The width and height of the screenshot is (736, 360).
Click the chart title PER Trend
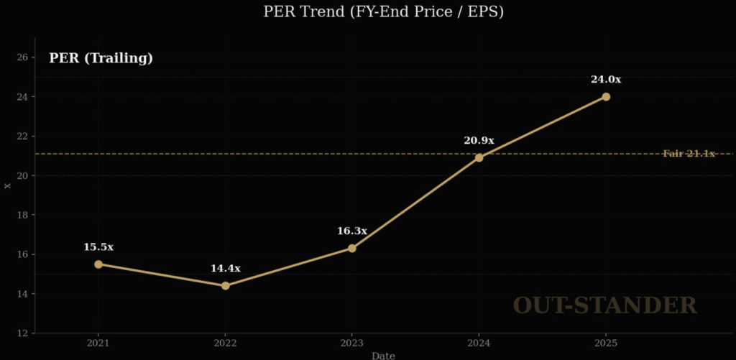click(x=367, y=11)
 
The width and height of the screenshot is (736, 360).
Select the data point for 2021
click(x=98, y=264)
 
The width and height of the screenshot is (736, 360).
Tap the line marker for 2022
click(x=226, y=285)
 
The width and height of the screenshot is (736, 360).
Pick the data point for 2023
click(x=352, y=248)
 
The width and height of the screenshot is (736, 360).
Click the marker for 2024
click(x=479, y=157)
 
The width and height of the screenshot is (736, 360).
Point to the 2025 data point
click(x=606, y=96)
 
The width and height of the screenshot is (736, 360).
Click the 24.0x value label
click(x=606, y=79)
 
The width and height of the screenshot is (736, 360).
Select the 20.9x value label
click(x=479, y=141)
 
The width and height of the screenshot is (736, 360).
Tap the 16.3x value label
click(x=352, y=231)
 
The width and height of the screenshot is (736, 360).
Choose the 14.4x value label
click(x=226, y=268)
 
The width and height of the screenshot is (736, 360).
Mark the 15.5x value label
click(x=98, y=246)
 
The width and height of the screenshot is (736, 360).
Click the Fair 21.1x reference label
click(x=689, y=153)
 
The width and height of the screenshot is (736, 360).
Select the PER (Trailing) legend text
click(x=101, y=58)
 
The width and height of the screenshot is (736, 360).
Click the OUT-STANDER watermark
click(x=604, y=305)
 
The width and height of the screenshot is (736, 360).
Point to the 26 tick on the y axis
click(x=22, y=57)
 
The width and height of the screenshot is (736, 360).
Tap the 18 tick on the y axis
click(x=22, y=215)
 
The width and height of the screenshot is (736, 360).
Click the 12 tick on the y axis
click(x=22, y=333)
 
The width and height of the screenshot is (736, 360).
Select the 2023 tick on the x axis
click(x=352, y=343)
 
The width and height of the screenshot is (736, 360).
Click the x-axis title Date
click(x=383, y=355)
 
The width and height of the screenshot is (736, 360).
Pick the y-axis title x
click(x=8, y=185)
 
